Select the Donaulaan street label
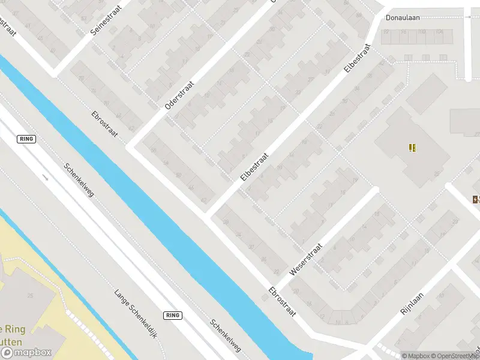tap(403, 17)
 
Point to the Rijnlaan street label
tap(412, 304)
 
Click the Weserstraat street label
tap(306, 259)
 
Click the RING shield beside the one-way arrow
tap(27, 139)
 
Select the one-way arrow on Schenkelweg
tap(46, 177)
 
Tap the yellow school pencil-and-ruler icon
tap(412, 148)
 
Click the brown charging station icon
tap(476, 199)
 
